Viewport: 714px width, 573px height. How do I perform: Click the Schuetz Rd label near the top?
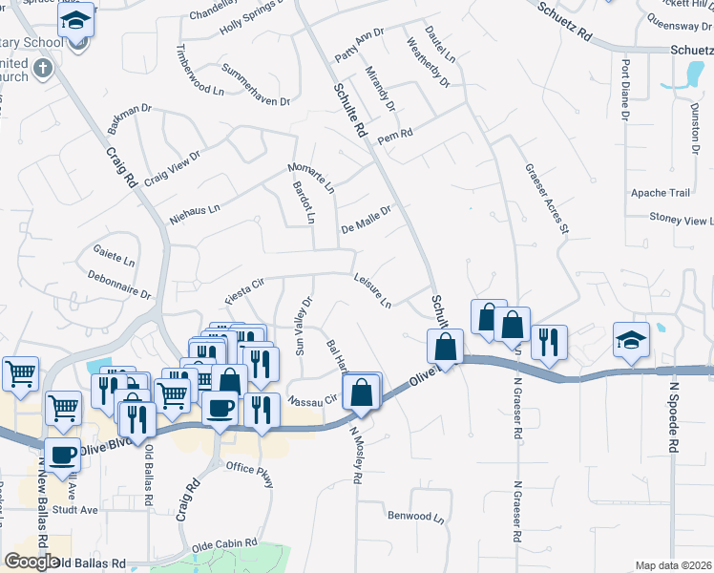tap(565, 25)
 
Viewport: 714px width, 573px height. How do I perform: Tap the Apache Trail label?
tap(660, 193)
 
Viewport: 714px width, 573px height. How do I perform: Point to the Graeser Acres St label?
tap(546, 198)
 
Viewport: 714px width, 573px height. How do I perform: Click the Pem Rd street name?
tap(394, 136)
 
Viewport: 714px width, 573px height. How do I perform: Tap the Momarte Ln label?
tap(311, 179)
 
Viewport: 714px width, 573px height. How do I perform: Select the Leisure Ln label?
tap(372, 291)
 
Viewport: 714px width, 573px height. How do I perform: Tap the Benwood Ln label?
tap(416, 518)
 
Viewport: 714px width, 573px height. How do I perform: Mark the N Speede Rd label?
tap(673, 416)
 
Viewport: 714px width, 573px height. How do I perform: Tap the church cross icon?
tap(41, 69)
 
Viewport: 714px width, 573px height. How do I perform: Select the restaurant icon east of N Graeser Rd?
tap(549, 342)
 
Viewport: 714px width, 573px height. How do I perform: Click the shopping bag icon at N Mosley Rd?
tap(363, 393)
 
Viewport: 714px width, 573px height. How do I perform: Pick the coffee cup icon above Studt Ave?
tap(64, 457)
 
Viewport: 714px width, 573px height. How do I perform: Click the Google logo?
tap(31, 562)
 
